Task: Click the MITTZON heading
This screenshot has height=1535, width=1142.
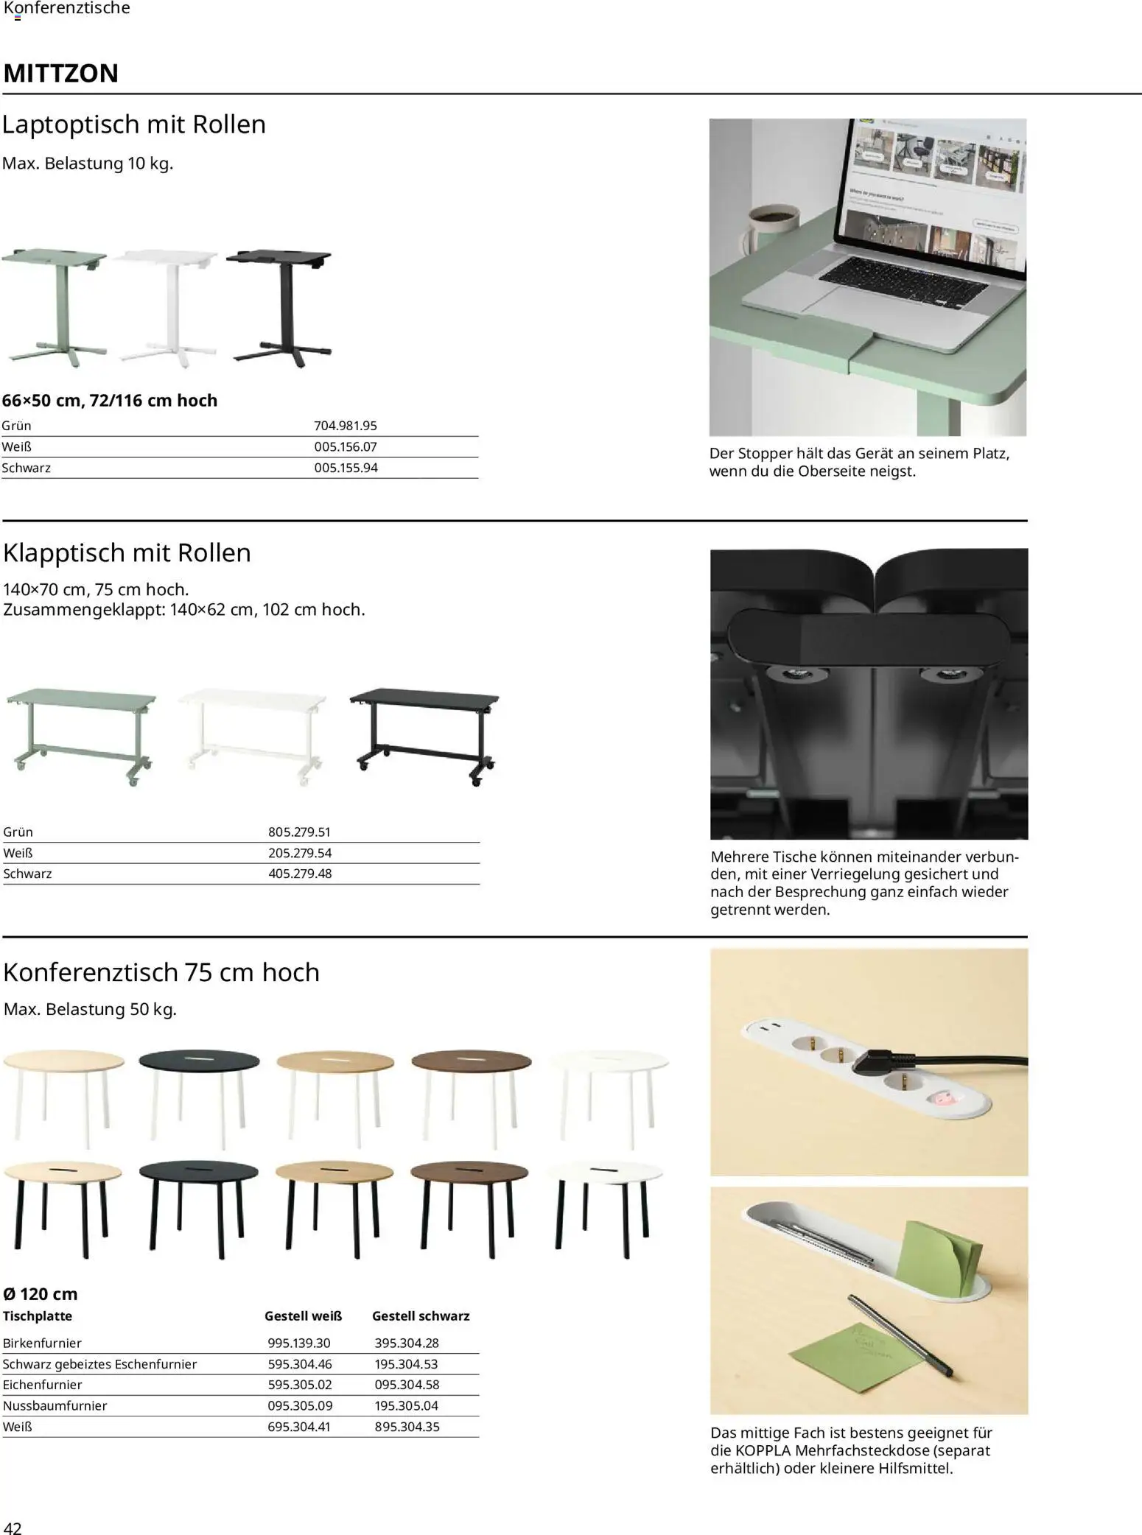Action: [x=61, y=74]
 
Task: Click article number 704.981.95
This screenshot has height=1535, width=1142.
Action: [x=345, y=426]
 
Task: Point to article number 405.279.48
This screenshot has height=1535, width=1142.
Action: [x=299, y=874]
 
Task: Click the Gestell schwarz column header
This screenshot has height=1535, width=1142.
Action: [x=420, y=1316]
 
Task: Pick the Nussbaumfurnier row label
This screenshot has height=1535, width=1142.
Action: [x=55, y=1405]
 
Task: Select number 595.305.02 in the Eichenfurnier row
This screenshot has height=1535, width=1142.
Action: [x=299, y=1384]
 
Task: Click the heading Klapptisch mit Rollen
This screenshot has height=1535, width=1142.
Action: [x=127, y=552]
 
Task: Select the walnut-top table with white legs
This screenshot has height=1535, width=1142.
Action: [x=471, y=1097]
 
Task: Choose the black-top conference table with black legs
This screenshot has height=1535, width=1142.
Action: [x=199, y=1209]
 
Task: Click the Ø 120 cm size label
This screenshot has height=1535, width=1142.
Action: [x=40, y=1293]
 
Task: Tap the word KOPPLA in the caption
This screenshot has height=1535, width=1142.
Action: [x=763, y=1450]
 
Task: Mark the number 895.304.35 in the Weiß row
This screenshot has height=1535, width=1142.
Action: [x=407, y=1426]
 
